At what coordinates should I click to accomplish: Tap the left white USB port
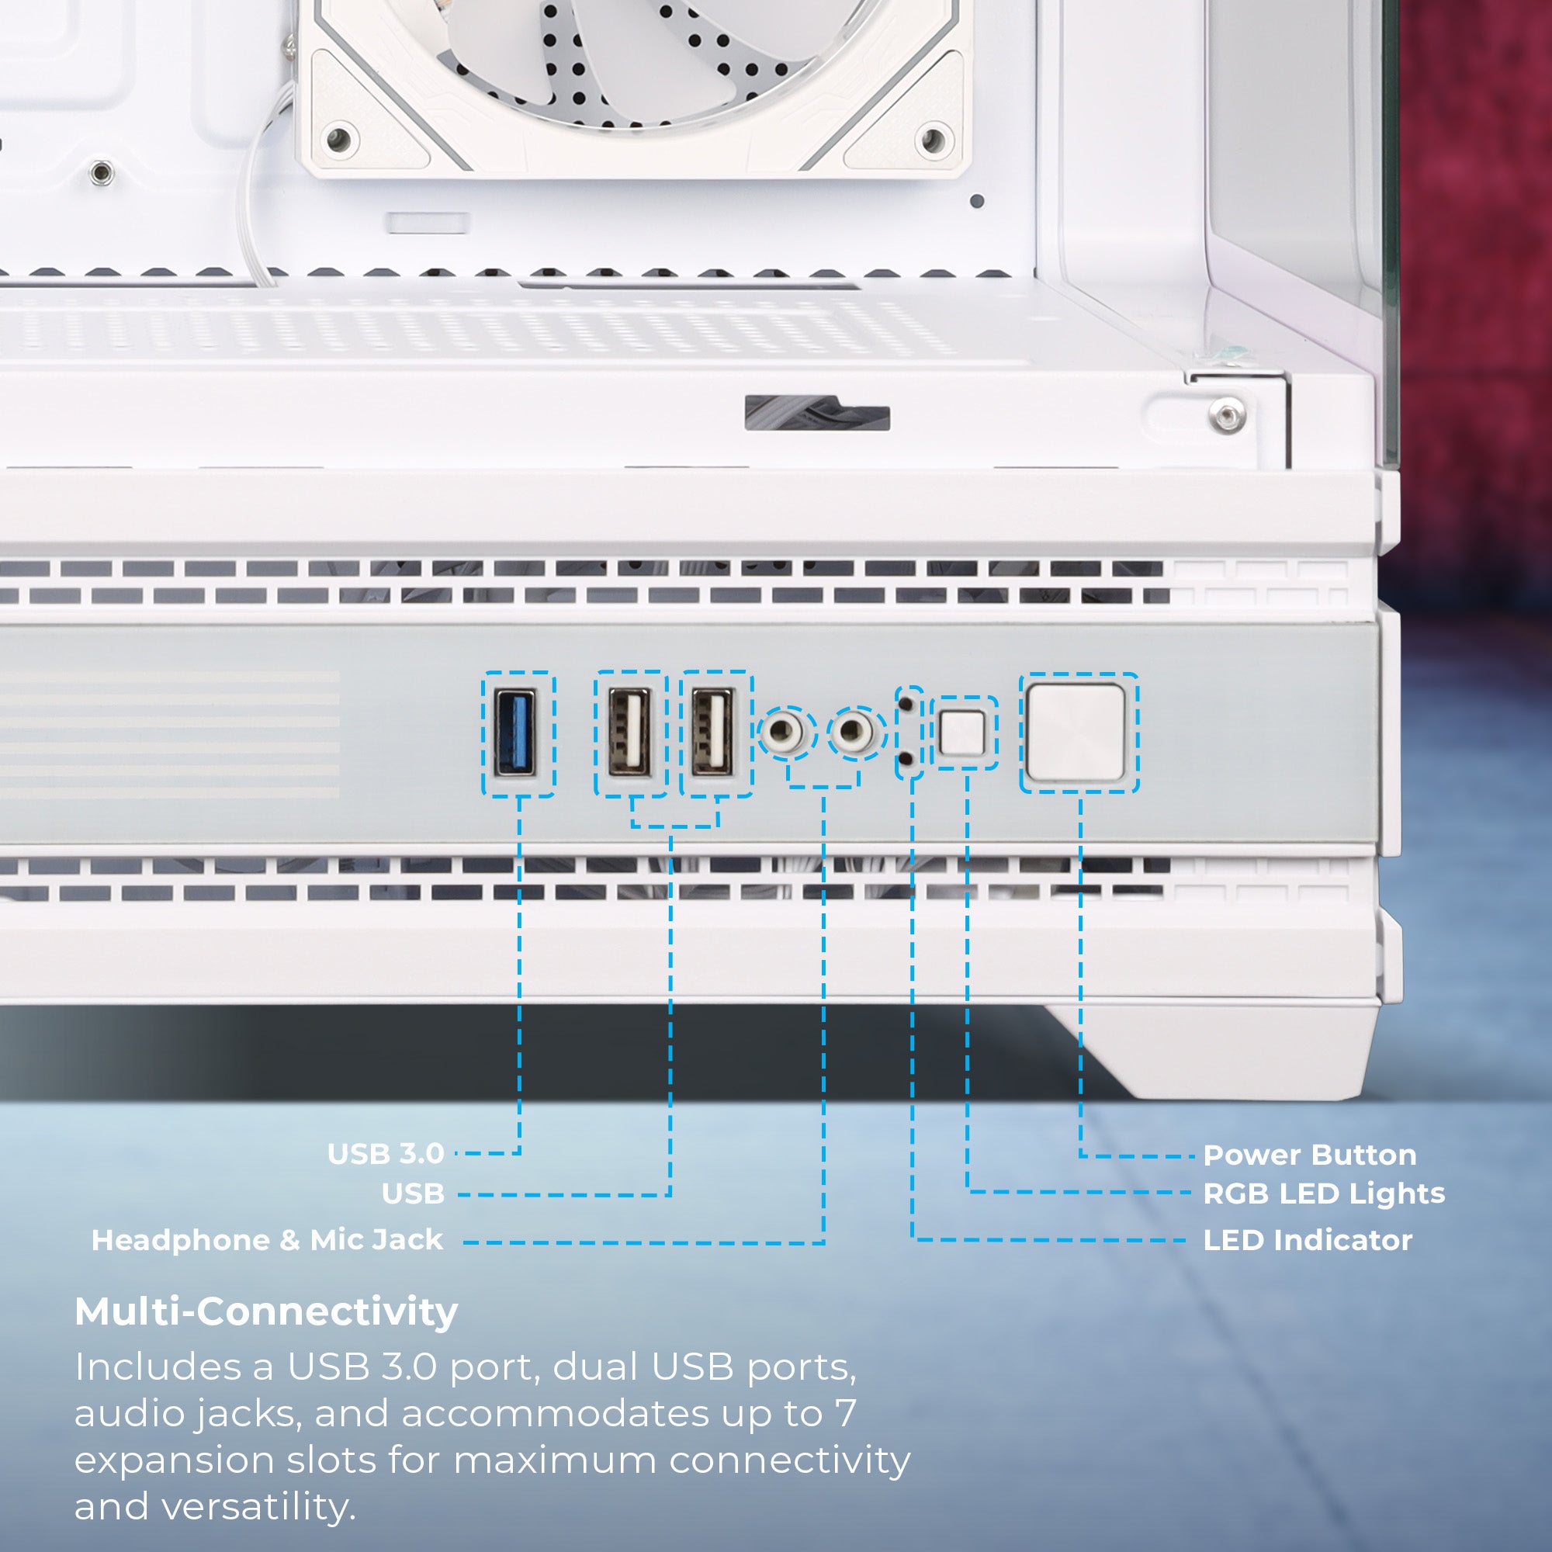[630, 733]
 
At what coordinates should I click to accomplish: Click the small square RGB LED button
[961, 733]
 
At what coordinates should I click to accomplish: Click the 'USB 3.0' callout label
[386, 1155]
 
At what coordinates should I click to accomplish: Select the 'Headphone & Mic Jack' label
[267, 1239]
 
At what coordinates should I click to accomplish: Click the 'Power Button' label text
[1309, 1155]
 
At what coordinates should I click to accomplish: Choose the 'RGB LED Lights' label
[1324, 1193]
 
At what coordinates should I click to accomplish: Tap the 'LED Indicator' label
[1307, 1240]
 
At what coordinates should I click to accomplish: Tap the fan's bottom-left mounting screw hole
[340, 139]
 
